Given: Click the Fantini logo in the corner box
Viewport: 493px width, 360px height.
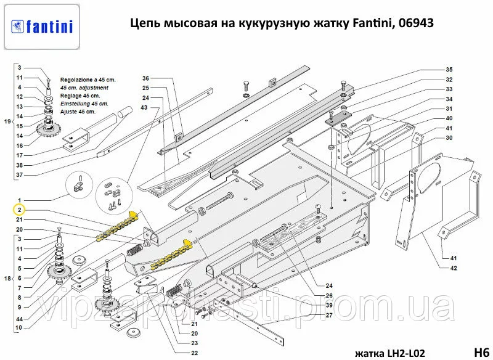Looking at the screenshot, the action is (42, 27).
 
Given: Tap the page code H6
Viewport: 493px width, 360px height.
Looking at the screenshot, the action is (481, 352).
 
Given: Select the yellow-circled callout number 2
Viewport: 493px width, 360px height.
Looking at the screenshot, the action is (20, 210).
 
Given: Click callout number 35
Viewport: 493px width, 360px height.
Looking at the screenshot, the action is (449, 70).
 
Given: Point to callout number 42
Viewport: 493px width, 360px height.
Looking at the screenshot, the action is (453, 268).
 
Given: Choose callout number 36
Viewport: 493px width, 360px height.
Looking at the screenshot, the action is (145, 78).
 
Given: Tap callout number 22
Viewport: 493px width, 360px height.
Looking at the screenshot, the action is (195, 353).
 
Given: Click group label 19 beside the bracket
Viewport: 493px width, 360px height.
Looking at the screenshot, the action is (7, 121).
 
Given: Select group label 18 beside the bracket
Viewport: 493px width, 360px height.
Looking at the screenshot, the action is (7, 278).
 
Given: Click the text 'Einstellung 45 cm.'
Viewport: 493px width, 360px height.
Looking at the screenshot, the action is (84, 104).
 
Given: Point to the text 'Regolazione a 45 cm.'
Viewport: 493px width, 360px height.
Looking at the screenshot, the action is (88, 80).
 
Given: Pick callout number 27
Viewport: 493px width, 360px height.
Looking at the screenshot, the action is (329, 315).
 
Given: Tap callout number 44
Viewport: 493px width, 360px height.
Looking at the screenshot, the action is (20, 319).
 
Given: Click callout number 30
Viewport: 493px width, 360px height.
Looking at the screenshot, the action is (449, 137).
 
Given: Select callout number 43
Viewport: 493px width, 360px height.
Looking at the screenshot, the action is (144, 107).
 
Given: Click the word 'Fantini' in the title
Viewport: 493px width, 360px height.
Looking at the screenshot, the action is (370, 23).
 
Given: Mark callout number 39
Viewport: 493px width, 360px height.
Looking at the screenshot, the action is (329, 305).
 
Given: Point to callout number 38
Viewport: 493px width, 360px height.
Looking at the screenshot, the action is (20, 165).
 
